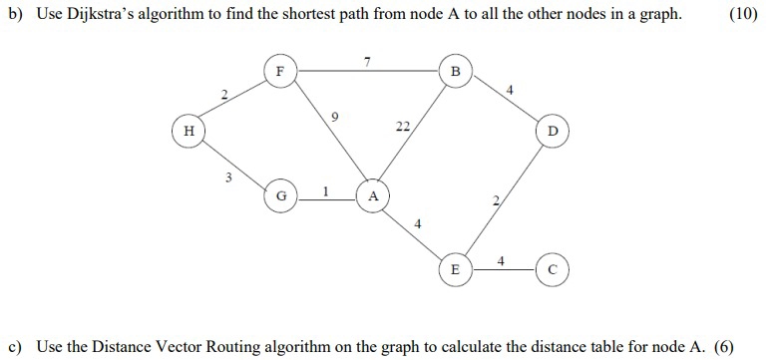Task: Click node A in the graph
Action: [373, 196]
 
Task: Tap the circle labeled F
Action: [279, 72]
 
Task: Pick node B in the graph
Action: [456, 72]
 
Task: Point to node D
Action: [552, 132]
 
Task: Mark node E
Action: [456, 269]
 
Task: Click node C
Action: [552, 269]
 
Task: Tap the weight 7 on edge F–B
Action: [367, 62]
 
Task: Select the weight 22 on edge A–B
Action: [401, 127]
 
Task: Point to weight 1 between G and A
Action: [325, 187]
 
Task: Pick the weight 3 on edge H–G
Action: [227, 178]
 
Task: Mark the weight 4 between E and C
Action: [502, 260]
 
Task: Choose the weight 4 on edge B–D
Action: [510, 91]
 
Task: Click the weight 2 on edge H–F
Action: [224, 95]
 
